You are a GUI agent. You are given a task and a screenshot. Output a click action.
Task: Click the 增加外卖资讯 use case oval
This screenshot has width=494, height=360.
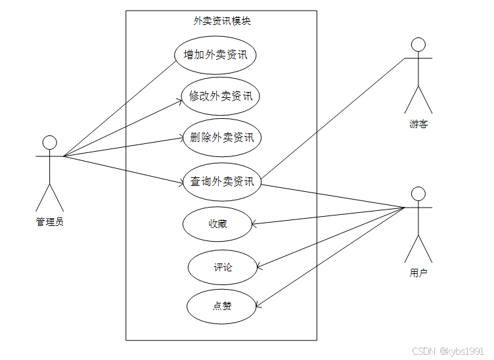tap(215, 55)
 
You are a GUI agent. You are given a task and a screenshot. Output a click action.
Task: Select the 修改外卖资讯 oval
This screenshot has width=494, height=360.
tap(221, 96)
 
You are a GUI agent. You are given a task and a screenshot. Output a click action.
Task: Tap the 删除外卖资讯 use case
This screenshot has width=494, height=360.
tap(222, 137)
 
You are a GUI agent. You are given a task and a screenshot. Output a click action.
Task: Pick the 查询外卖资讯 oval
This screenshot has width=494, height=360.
tap(222, 181)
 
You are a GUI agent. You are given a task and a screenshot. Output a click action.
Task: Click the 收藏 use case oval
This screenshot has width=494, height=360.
tap(217, 223)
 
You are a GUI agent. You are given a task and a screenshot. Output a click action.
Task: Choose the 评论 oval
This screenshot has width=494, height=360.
tap(222, 267)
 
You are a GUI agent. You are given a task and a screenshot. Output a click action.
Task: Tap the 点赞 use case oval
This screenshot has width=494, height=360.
tap(221, 305)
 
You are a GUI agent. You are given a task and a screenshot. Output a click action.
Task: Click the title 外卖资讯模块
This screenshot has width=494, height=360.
tap(221, 20)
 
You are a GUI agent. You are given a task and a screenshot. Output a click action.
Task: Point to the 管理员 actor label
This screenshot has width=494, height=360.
tap(50, 222)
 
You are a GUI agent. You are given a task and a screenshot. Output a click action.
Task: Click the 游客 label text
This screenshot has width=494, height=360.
tap(418, 124)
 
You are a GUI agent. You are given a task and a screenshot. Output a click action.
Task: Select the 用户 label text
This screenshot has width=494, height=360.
tap(418, 273)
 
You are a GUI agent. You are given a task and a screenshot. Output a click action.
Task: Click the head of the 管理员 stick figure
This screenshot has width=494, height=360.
tap(49, 143)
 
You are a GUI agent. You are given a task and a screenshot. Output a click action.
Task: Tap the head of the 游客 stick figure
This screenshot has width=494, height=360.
tap(418, 45)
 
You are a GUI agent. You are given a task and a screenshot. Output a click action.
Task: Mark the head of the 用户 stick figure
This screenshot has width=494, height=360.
tap(418, 193)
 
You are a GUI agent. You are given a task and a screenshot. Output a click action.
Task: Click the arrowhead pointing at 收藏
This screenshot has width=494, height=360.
tap(254, 224)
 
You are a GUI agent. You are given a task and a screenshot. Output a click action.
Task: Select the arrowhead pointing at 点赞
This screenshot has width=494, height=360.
tap(257, 305)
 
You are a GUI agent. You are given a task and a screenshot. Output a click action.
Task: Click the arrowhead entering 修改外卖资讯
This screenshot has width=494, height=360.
tap(179, 100)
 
